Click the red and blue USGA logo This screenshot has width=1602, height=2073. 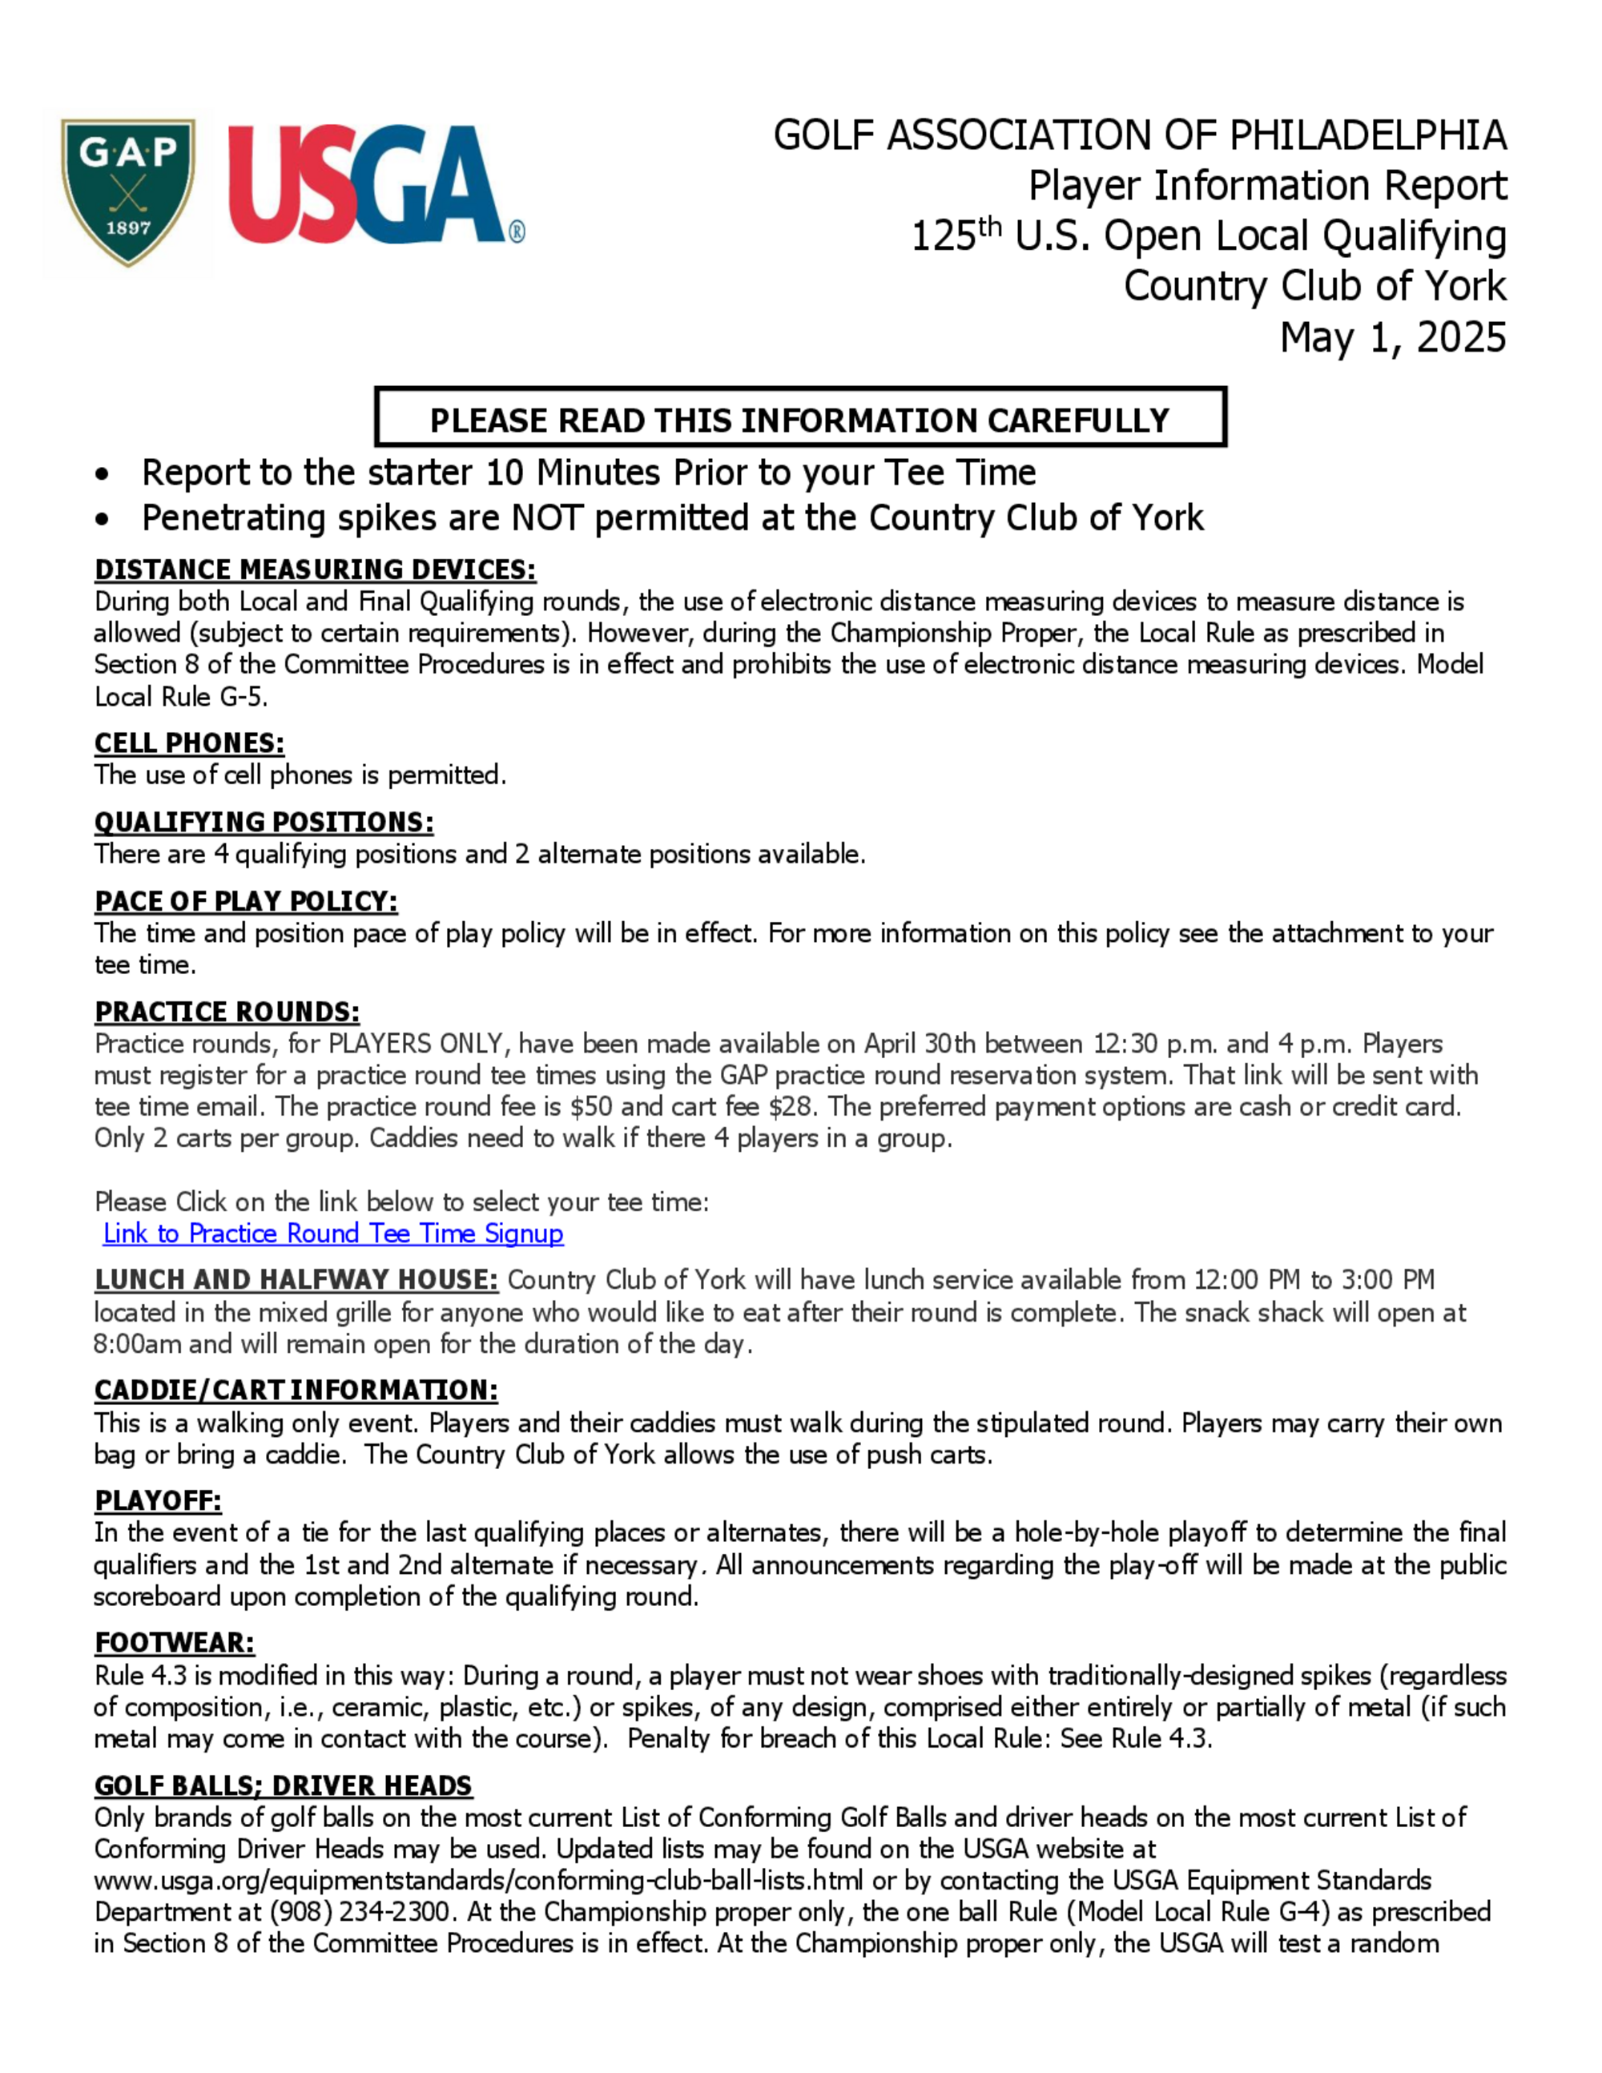point(374,186)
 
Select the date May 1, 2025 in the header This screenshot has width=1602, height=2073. point(1392,338)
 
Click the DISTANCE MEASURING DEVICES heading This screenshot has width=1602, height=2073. point(315,570)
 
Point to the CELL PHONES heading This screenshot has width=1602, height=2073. point(189,743)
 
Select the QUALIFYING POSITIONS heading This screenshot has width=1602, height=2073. point(264,822)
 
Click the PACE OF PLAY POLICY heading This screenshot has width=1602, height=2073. point(246,901)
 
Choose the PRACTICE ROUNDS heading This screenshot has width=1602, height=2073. point(227,1012)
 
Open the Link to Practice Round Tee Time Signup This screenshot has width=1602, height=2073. point(333,1233)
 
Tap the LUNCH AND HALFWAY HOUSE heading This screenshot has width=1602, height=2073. point(296,1279)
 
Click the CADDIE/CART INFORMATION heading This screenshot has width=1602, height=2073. point(296,1391)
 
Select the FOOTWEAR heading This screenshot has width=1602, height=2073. point(175,1643)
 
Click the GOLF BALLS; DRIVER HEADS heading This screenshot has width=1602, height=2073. point(283,1785)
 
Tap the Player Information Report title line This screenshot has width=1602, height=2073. point(1267,186)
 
